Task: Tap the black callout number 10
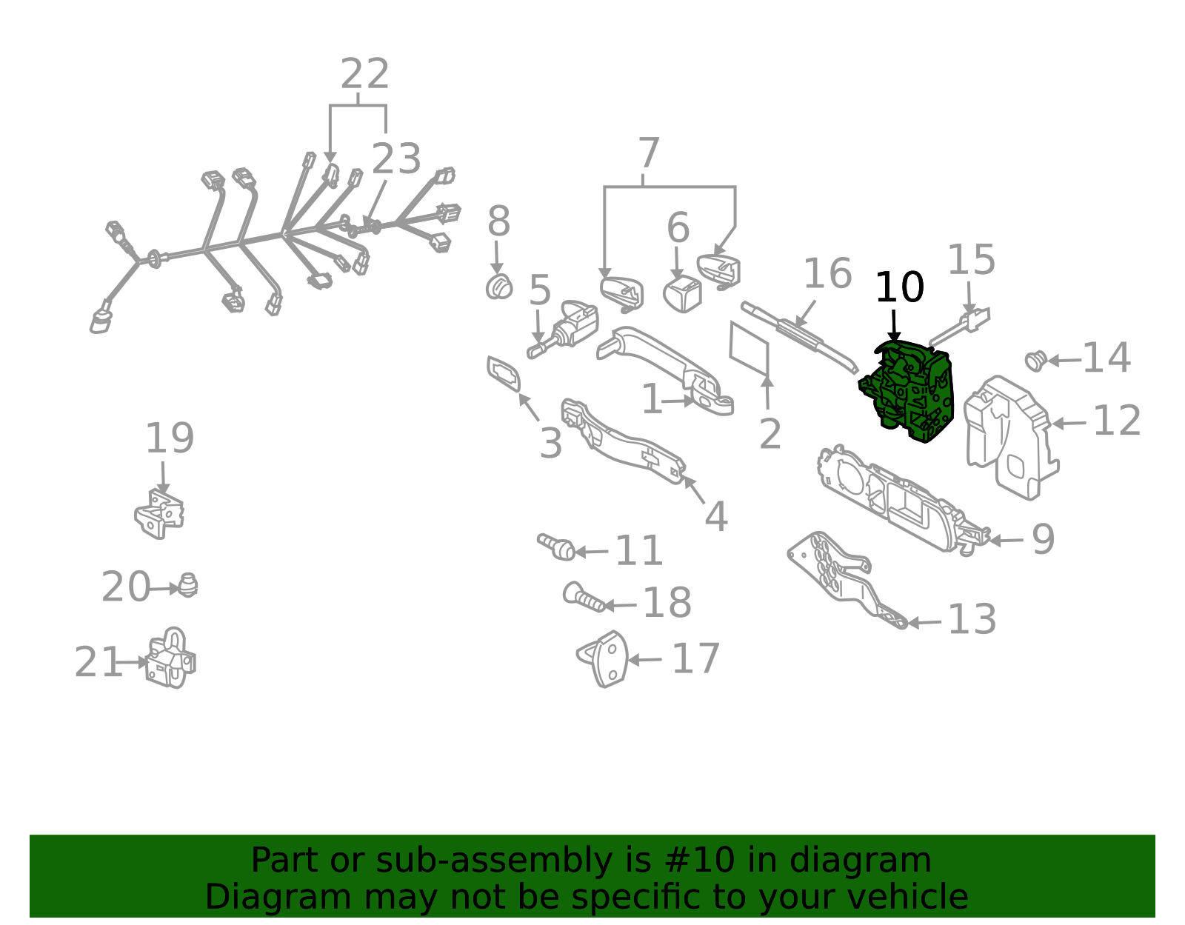click(899, 287)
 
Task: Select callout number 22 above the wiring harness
click(365, 74)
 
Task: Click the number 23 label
click(396, 158)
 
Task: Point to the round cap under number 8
click(499, 287)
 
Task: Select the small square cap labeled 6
click(682, 294)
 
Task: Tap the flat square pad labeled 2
click(750, 349)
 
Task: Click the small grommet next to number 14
click(1035, 361)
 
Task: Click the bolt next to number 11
click(556, 546)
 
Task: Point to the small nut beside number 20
click(187, 585)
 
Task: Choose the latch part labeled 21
click(170, 658)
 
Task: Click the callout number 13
click(972, 620)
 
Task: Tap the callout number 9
click(1044, 540)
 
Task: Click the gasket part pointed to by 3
click(504, 374)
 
